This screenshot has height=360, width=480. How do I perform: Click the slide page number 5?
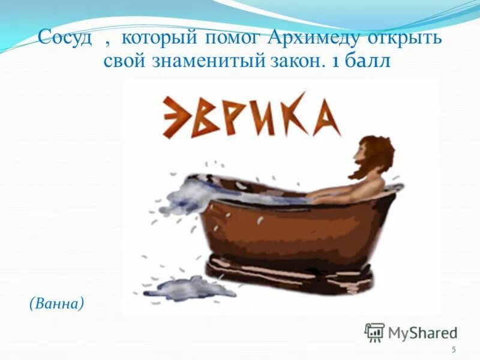[454, 350]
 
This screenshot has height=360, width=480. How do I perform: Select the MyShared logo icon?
[374, 332]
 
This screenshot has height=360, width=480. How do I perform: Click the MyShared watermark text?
[422, 332]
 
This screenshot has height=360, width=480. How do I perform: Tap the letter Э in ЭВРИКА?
[176, 118]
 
